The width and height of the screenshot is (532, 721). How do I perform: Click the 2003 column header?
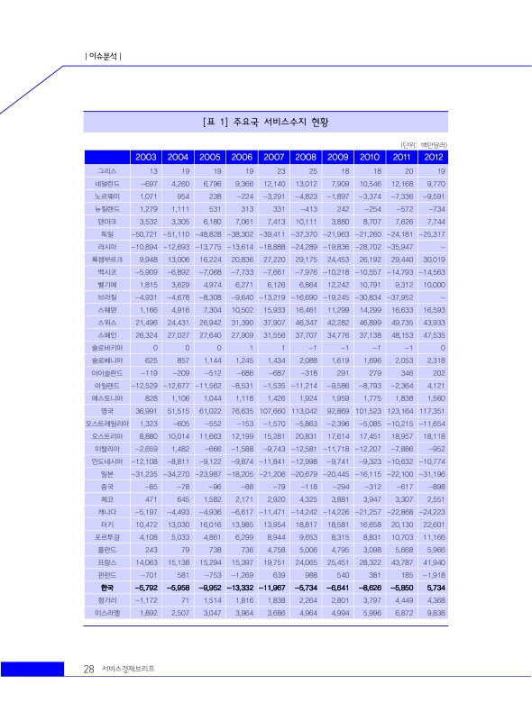(146, 157)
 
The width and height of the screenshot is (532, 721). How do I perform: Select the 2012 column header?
(430, 157)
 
